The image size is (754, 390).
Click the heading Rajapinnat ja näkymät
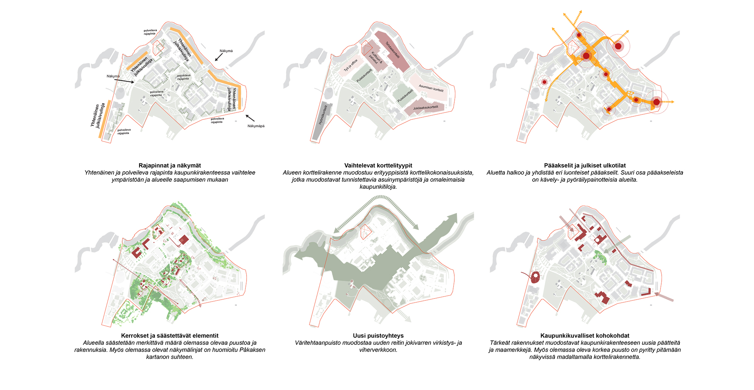tap(170, 165)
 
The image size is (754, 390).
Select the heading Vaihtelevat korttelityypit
tap(378, 165)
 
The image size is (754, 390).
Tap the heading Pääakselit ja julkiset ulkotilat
tap(585, 165)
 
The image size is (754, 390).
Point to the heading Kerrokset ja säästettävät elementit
tap(170, 335)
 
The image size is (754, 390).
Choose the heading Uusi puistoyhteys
tap(378, 335)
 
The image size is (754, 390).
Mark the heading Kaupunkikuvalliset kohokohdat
tap(585, 335)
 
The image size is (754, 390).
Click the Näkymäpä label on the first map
tap(256, 126)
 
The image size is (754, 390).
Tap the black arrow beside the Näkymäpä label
tap(250, 118)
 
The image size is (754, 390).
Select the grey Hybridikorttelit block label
tap(323, 115)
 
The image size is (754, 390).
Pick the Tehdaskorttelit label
tap(392, 50)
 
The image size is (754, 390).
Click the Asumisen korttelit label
tap(431, 88)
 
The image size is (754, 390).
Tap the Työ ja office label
tap(351, 65)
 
